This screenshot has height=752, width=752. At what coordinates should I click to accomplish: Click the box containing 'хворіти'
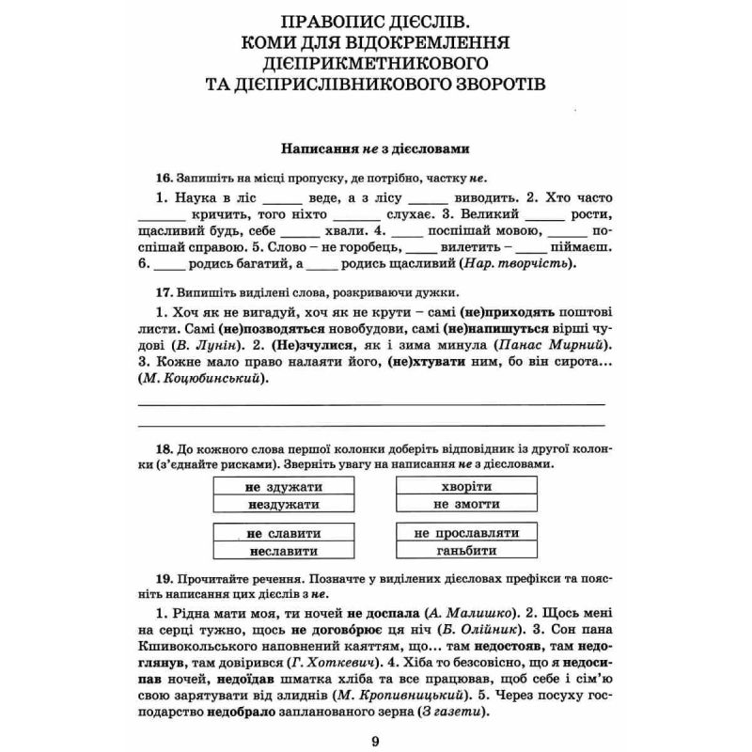[466, 487]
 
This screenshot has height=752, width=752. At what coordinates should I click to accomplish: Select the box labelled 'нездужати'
[283, 505]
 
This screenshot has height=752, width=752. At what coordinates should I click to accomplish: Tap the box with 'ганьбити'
[466, 551]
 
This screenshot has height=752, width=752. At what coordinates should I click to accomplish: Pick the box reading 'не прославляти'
[466, 533]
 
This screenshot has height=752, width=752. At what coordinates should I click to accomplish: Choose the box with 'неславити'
[283, 551]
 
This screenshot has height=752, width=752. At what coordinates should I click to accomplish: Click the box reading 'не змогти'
[466, 505]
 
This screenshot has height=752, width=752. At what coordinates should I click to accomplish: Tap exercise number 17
[164, 292]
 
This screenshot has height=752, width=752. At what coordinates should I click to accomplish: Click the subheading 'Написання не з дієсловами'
[375, 148]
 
